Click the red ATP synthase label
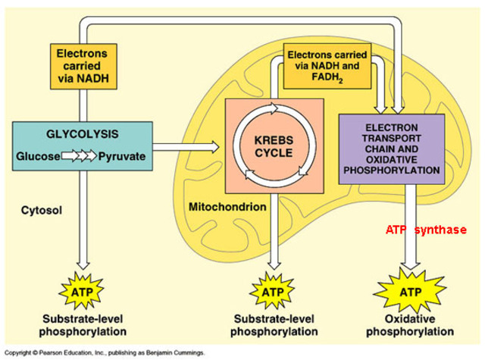click(426, 229)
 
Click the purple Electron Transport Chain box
click(390, 149)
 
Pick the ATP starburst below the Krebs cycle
click(272, 291)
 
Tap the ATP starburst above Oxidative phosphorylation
click(410, 291)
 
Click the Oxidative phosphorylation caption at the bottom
click(410, 325)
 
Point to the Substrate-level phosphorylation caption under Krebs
click(272, 325)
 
